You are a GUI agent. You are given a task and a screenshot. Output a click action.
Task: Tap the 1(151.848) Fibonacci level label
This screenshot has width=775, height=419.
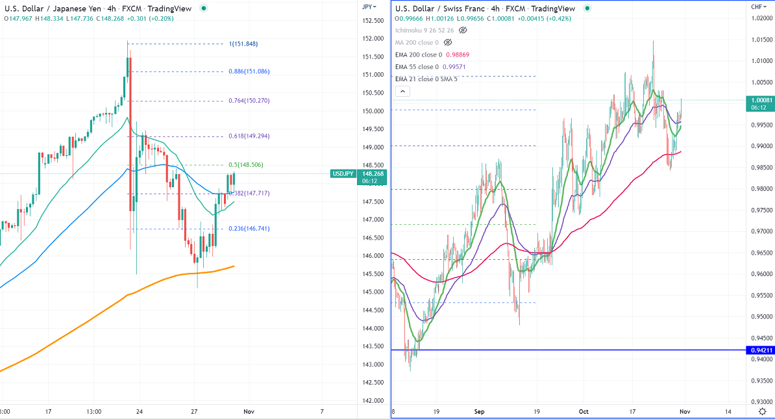tap(249, 44)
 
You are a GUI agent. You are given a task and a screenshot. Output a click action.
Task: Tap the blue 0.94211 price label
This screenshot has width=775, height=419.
tap(761, 351)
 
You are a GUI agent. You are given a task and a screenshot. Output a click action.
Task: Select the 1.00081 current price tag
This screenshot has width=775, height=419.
tap(761, 100)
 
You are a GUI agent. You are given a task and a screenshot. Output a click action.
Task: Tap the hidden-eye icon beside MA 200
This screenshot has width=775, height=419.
tap(446, 42)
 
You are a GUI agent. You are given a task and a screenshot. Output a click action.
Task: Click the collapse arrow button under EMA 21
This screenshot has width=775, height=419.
tap(402, 92)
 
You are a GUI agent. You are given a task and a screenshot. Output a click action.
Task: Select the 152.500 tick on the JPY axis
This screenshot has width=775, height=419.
tap(372, 21)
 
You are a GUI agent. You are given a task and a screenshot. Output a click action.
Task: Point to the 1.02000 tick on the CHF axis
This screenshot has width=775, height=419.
tap(761, 18)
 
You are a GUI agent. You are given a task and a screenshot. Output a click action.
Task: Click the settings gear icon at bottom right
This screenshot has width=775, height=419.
tap(763, 412)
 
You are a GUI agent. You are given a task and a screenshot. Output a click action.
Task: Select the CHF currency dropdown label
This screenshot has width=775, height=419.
tap(758, 6)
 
